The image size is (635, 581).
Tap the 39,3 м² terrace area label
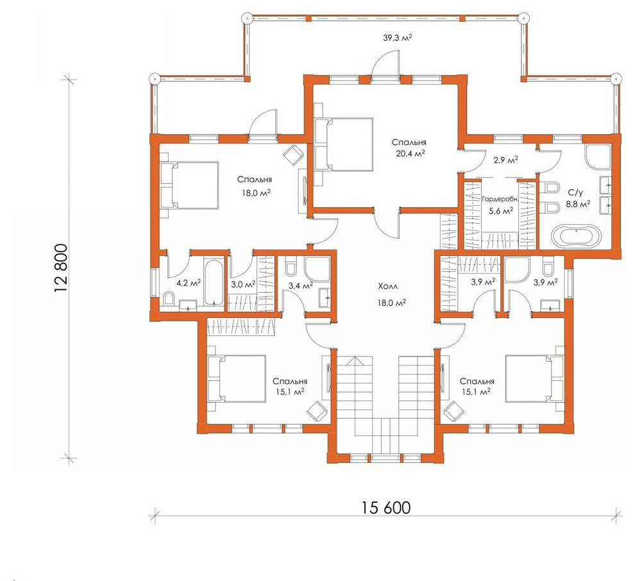(x=397, y=38)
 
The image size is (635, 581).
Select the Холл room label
(x=388, y=286)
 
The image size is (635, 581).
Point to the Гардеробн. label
(x=500, y=199)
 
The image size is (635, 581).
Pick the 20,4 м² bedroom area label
(x=411, y=153)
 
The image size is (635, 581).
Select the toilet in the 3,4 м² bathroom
(x=291, y=268)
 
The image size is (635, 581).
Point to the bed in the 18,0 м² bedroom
(x=189, y=185)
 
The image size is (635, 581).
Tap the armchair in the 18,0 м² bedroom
(x=293, y=155)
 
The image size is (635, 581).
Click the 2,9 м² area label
(x=505, y=160)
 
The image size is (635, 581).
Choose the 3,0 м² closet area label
(x=243, y=284)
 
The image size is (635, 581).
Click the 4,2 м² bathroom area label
(x=189, y=283)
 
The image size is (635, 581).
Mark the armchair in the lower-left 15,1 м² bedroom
(x=317, y=411)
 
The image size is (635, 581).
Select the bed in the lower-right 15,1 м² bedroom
(x=534, y=378)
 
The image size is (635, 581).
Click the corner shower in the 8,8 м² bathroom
(x=598, y=156)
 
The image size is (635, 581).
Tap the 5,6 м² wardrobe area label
(x=502, y=210)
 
